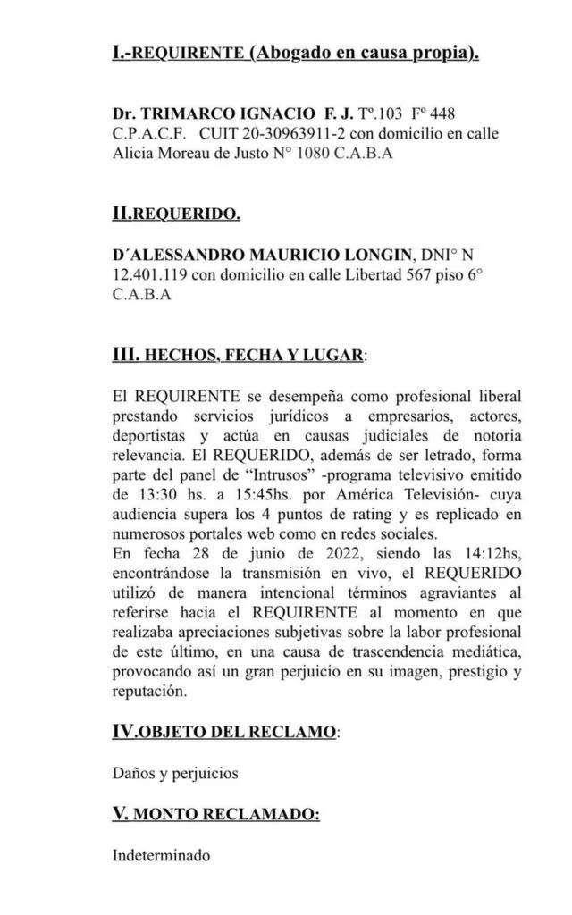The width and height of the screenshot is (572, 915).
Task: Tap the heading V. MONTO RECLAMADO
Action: [x=215, y=814]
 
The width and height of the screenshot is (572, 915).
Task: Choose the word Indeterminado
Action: [x=162, y=855]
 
